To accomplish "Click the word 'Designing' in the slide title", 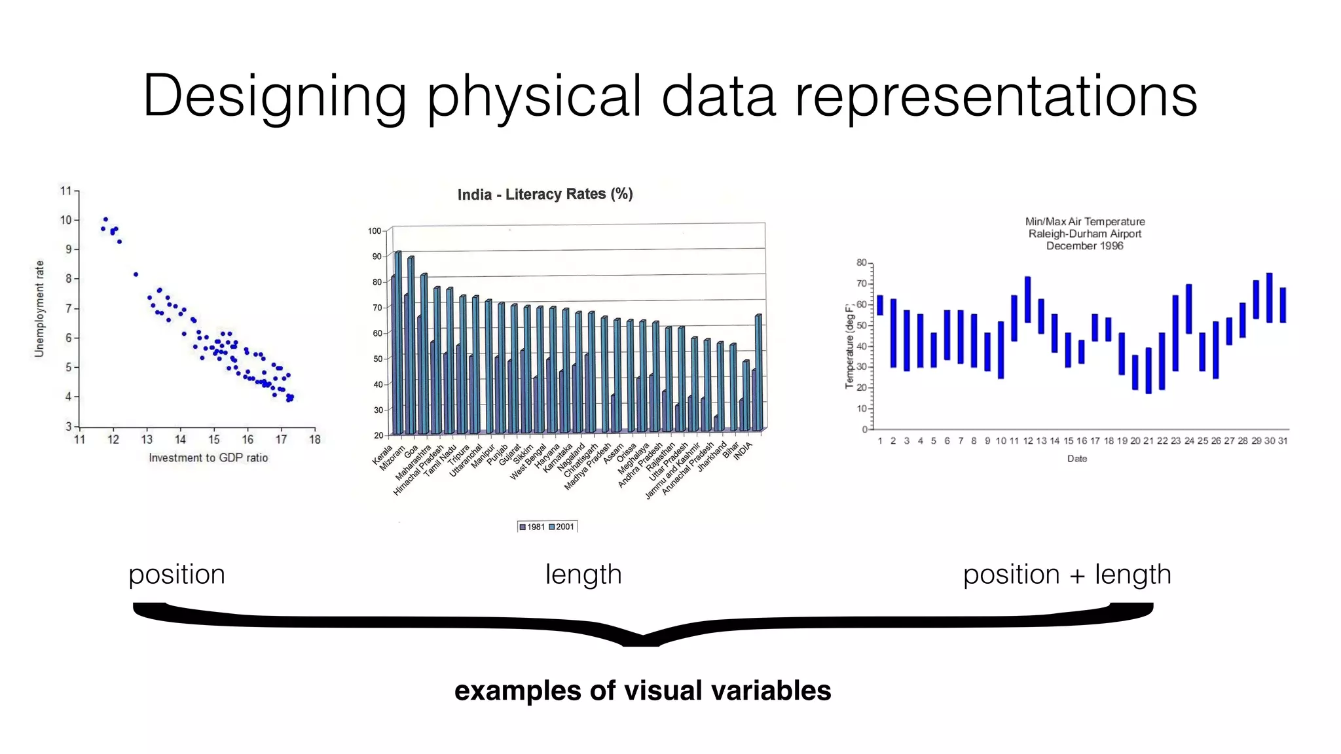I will [274, 97].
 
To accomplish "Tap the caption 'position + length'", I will [1067, 574].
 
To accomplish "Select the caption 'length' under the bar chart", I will [583, 574].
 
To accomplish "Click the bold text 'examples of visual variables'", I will [642, 691].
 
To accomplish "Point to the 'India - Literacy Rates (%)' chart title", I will [545, 194].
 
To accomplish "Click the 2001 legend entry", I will [561, 527].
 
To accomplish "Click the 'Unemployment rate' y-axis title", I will [39, 309].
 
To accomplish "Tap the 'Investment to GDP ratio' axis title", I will [208, 458].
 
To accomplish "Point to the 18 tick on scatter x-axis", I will [315, 440].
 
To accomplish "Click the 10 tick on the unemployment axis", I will [66, 220].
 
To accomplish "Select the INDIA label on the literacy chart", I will [743, 451].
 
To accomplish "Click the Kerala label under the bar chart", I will [382, 455].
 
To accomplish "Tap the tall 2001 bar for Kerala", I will [398, 340].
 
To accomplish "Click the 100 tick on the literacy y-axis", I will [375, 231].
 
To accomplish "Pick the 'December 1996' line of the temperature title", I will [1084, 246].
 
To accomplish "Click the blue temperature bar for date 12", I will [1027, 299].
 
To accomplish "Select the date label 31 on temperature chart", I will [1283, 441].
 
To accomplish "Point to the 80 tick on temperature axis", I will [861, 262].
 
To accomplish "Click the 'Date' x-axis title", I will [1076, 459].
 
